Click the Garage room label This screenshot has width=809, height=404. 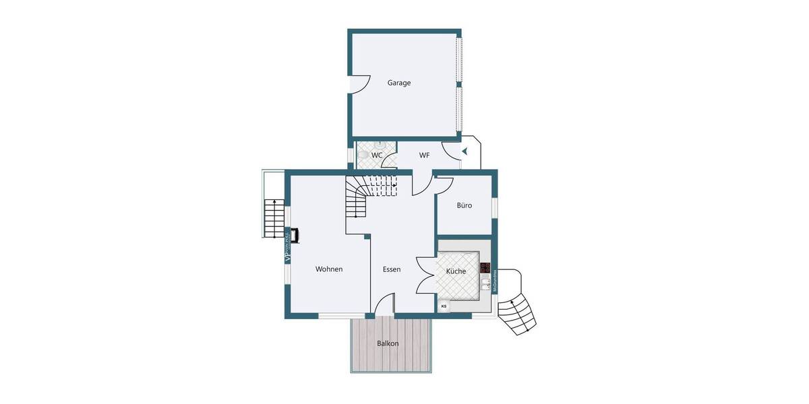pos(399,83)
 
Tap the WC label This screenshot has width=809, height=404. pos(377,156)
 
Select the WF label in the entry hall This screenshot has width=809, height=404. pos(424,156)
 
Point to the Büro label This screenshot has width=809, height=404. pos(464,205)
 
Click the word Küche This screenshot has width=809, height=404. pos(456,271)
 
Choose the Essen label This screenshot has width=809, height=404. pos(392,269)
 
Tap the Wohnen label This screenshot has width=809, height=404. pos(329,269)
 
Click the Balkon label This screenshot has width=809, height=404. pos(388,343)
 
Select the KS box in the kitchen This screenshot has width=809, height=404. pos(444,306)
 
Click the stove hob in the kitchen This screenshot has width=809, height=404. pos(485,267)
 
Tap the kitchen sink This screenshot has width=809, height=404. pos(485,283)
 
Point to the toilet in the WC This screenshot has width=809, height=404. pos(364,156)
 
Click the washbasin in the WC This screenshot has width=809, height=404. pos(380,144)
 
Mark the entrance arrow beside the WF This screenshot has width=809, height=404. pos(465,151)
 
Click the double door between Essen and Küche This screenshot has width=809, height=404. pos(426,275)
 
